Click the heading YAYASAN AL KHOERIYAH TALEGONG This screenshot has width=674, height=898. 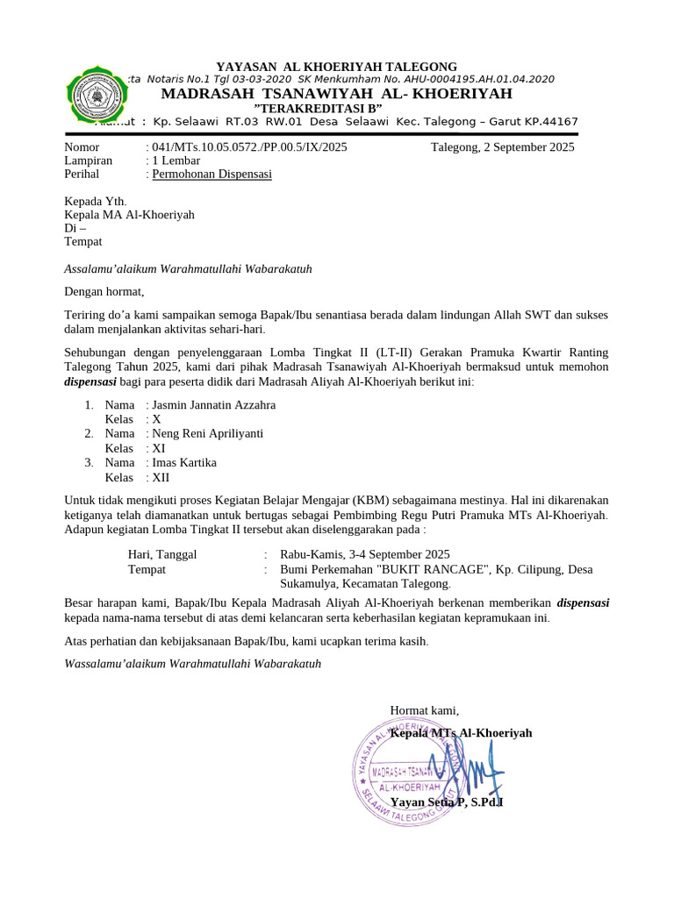pyautogui.click(x=337, y=67)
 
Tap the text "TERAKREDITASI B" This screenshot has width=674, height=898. pyautogui.click(x=336, y=107)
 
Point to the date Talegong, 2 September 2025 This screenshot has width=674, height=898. pyautogui.click(x=503, y=147)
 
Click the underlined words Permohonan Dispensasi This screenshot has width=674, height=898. pyautogui.click(x=212, y=175)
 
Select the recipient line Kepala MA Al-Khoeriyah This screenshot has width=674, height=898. pyautogui.click(x=130, y=215)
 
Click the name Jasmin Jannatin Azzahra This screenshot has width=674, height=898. pyautogui.click(x=213, y=405)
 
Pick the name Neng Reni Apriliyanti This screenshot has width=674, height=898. pyautogui.click(x=207, y=433)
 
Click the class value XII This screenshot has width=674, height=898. pyautogui.click(x=161, y=477)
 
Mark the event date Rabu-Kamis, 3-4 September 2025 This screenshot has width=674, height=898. pyautogui.click(x=364, y=554)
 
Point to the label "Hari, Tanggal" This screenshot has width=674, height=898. pyautogui.click(x=162, y=554)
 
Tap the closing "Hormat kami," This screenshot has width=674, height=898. pyautogui.click(x=424, y=710)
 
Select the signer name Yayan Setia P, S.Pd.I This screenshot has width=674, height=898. pyautogui.click(x=446, y=802)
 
